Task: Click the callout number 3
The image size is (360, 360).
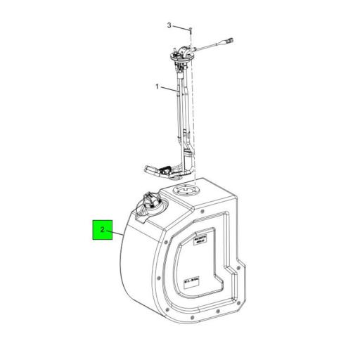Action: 169,25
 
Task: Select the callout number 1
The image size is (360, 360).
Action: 157,86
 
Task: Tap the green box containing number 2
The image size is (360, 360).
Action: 103,229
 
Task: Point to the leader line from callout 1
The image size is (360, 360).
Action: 169,89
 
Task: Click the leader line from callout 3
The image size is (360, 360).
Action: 181,28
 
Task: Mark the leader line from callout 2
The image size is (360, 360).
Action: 116,231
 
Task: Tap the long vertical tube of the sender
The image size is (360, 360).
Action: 182,105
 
